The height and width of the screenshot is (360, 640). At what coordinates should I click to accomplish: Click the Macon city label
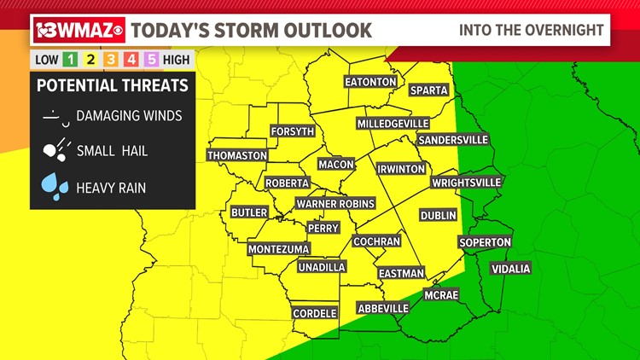[x=335, y=164]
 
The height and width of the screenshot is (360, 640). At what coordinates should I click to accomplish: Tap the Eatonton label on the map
[x=370, y=82]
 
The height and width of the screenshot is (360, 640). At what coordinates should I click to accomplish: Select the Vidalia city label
[x=510, y=269]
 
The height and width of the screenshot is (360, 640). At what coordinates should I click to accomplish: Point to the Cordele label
[x=315, y=313]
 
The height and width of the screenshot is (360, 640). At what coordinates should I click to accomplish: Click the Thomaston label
[x=237, y=155]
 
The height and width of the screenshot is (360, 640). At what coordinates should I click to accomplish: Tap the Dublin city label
[x=438, y=216]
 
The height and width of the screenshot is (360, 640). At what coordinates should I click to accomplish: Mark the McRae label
[x=441, y=295]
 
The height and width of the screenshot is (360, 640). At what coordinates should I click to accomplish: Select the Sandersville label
[x=452, y=139]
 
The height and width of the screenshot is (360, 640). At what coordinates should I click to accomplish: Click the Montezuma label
[x=278, y=249]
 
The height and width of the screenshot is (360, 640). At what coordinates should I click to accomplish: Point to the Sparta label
[x=428, y=90]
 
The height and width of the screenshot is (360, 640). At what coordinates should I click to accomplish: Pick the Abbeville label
[x=383, y=308]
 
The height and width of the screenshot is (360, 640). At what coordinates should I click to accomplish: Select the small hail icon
[x=55, y=151]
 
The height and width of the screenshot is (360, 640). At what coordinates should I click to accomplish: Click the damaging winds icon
[x=55, y=115]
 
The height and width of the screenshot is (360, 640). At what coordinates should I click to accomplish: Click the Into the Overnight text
[x=531, y=30]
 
